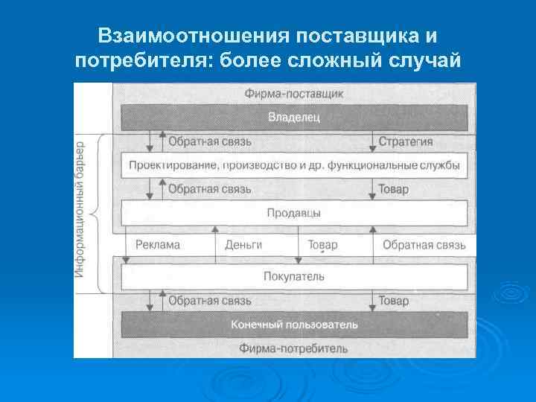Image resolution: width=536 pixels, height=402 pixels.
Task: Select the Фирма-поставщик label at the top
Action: (x=293, y=95)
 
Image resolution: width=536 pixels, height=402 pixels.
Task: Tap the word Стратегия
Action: (x=406, y=141)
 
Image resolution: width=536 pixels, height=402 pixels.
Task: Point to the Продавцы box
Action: (x=293, y=213)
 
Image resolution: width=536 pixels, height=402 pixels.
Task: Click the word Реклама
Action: (x=158, y=244)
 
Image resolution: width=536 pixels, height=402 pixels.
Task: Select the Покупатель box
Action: (x=293, y=276)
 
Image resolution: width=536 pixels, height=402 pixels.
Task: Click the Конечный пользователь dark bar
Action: (x=293, y=325)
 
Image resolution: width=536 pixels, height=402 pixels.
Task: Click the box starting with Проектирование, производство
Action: (x=293, y=165)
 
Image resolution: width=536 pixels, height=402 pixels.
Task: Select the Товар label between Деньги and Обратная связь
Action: (x=322, y=244)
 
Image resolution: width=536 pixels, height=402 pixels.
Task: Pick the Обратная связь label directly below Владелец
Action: (x=209, y=141)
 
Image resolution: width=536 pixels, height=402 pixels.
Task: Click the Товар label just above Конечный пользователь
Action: (x=394, y=301)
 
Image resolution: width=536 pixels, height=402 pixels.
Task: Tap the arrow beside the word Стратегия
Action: (x=371, y=141)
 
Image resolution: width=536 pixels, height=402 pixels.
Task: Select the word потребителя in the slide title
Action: (x=141, y=61)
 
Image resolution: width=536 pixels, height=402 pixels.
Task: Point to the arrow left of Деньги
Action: (x=215, y=244)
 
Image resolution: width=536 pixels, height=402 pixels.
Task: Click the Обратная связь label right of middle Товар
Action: (x=424, y=244)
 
